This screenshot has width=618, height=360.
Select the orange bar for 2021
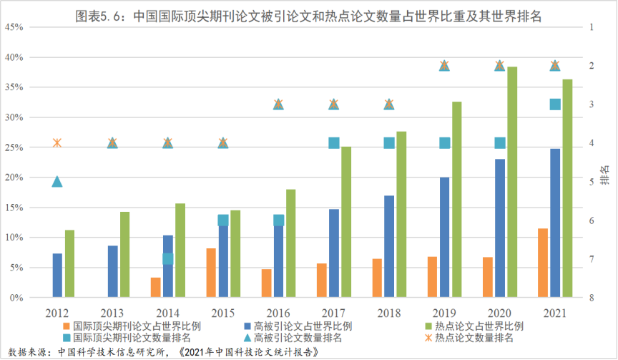(x=543, y=263)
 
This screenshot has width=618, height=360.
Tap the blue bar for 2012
(x=57, y=275)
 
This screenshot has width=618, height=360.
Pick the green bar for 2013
(x=125, y=254)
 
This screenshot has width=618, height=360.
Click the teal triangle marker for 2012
(x=57, y=182)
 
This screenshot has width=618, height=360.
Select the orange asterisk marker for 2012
(x=57, y=143)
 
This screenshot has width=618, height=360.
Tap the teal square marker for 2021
(x=555, y=104)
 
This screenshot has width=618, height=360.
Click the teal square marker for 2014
(x=168, y=258)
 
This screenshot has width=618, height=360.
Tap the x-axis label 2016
(x=278, y=313)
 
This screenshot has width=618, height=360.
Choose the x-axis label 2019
(x=444, y=313)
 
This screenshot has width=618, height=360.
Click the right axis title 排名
(x=604, y=172)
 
